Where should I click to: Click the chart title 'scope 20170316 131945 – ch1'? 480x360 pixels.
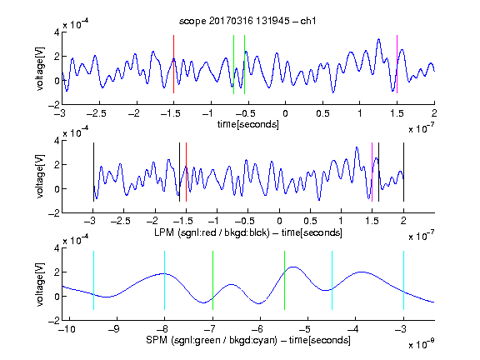pos(247,21)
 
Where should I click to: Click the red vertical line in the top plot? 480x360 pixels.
pos(173,64)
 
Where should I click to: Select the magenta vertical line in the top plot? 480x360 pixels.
pos(397,64)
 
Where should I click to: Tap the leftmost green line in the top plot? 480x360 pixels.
pos(233,64)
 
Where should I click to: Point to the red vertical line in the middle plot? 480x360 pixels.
pos(186,172)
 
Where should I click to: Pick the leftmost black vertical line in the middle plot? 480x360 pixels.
pos(93,172)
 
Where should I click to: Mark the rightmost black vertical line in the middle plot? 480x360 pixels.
pos(403,172)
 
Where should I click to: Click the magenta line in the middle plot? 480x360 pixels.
pos(372,172)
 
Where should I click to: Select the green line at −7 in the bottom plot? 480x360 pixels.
pos(212,280)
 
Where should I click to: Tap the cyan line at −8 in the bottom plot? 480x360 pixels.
pos(164,280)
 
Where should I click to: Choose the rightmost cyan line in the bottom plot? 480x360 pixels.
pos(403,280)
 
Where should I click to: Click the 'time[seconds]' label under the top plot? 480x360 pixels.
pos(248,124)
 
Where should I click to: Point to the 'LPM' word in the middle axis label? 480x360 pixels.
pos(164,232)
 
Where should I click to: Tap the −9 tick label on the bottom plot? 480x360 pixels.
pos(115,329)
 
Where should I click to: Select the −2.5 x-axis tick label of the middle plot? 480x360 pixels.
pos(120,221)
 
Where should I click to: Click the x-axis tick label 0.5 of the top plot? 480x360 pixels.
pos(322,113)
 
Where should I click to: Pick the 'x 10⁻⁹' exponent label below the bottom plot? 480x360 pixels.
pos(422,345)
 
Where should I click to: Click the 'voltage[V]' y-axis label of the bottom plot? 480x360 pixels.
pos(40,284)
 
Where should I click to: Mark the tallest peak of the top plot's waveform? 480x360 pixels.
pos(378,39)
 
